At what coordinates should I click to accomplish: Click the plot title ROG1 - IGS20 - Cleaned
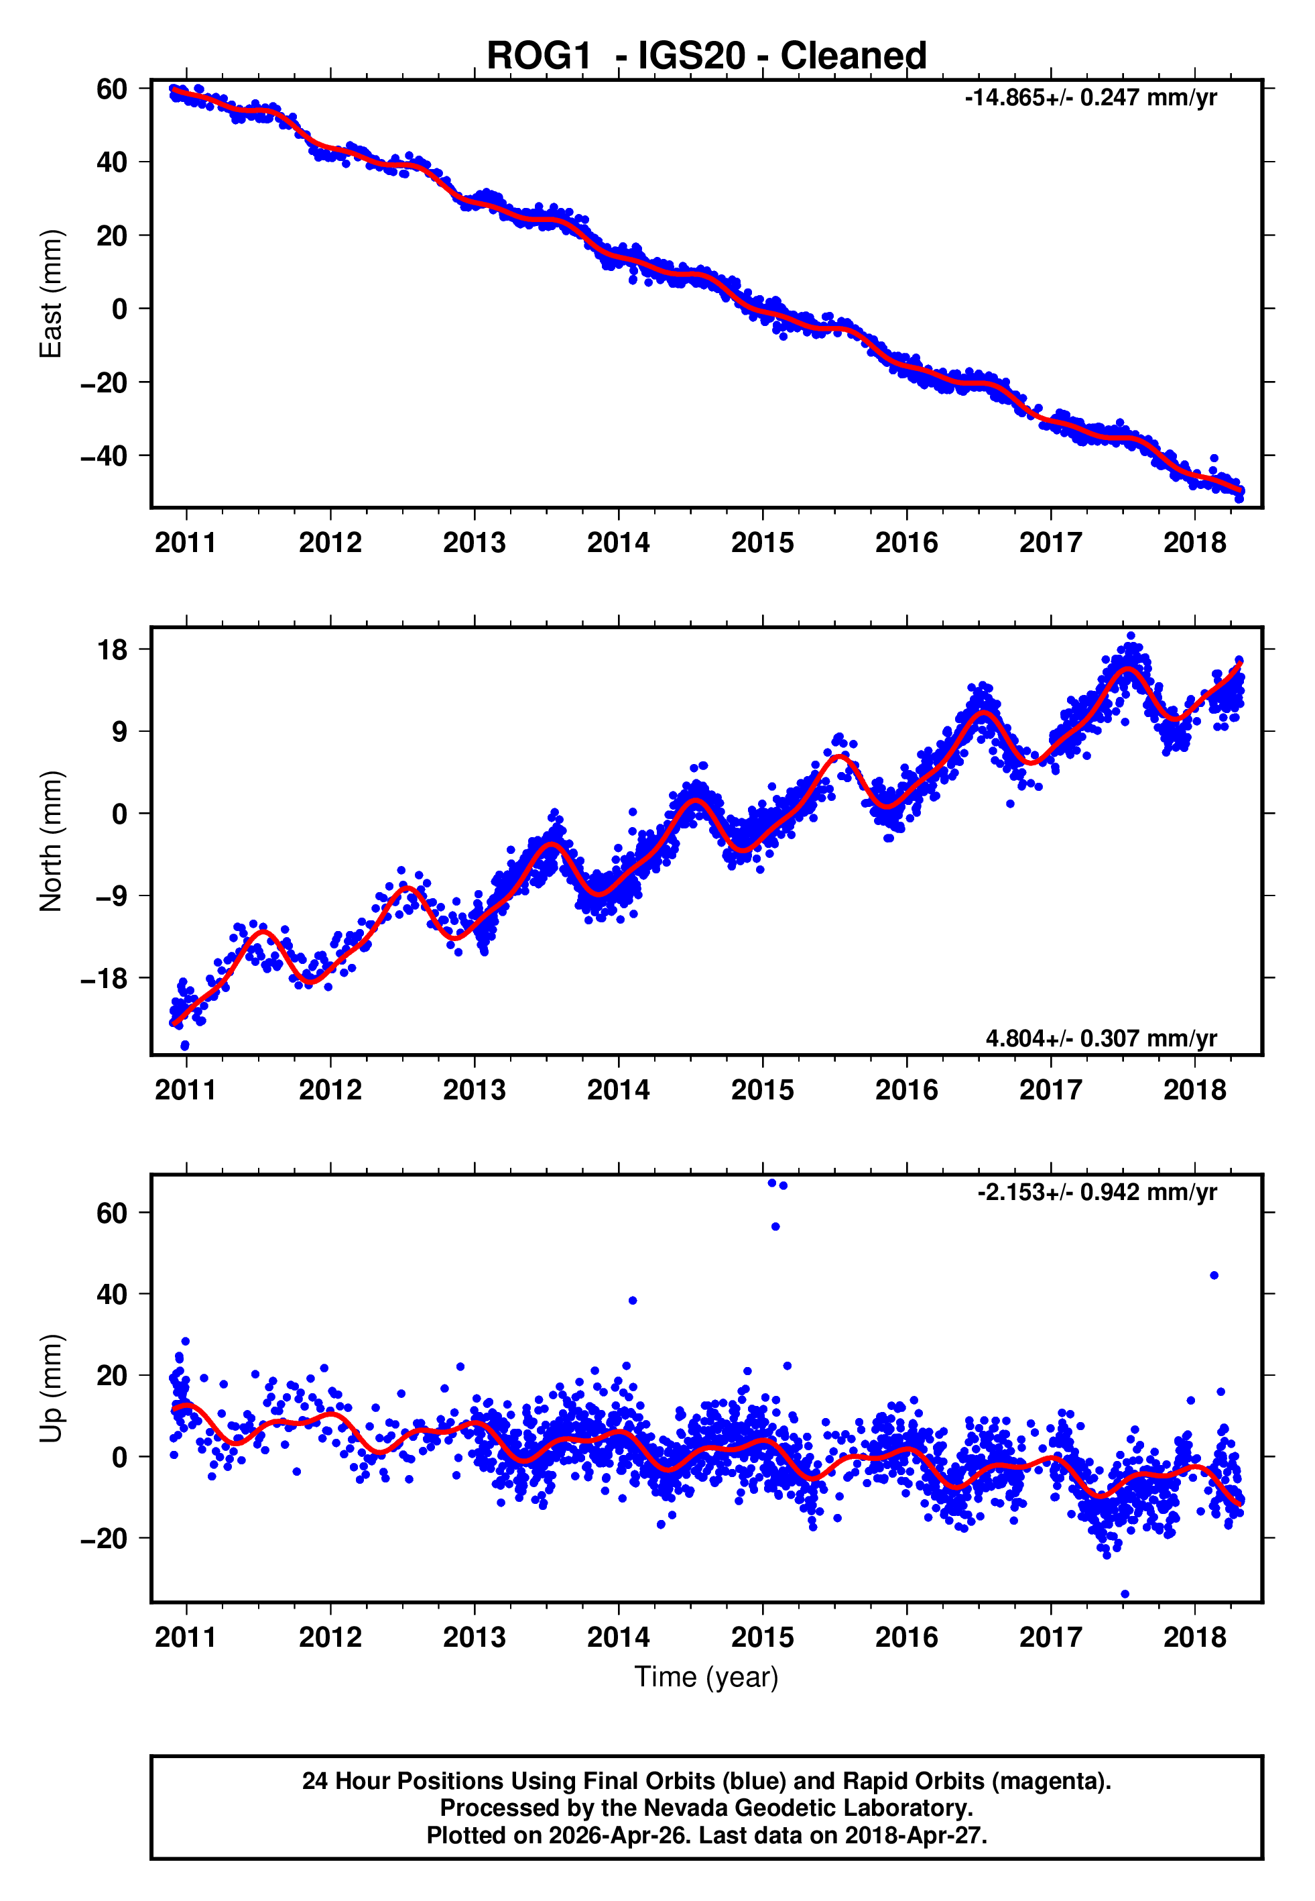pyautogui.click(x=706, y=56)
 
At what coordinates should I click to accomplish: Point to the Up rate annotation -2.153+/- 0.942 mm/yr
pyautogui.click(x=1097, y=1192)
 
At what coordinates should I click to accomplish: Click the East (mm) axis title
pyautogui.click(x=51, y=294)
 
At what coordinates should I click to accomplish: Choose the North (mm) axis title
pyautogui.click(x=51, y=841)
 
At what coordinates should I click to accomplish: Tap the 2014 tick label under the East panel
pyautogui.click(x=618, y=543)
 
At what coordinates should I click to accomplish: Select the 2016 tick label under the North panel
pyautogui.click(x=906, y=1090)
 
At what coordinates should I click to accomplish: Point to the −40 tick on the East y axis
pyautogui.click(x=104, y=456)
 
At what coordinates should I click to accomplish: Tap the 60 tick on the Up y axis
pyautogui.click(x=112, y=1213)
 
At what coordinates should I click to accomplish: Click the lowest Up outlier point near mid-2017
pyautogui.click(x=1125, y=1594)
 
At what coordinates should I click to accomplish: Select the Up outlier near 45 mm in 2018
pyautogui.click(x=1214, y=1275)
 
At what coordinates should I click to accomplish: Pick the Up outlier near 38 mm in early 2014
pyautogui.click(x=633, y=1300)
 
